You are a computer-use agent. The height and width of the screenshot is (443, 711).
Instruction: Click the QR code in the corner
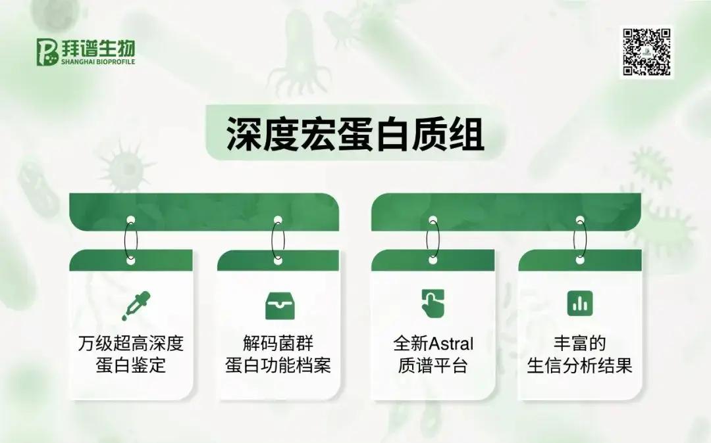pyautogui.click(x=646, y=51)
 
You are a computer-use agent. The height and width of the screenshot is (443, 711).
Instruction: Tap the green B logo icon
pyautogui.click(x=47, y=51)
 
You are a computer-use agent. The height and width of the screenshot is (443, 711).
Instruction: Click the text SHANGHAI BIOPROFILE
pyautogui.click(x=98, y=62)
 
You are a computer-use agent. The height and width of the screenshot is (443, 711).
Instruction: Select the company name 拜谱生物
pyautogui.click(x=98, y=48)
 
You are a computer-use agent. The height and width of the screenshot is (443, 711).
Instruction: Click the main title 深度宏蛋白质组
pyautogui.click(x=355, y=134)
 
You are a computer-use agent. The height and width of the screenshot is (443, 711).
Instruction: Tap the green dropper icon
pyautogui.click(x=136, y=306)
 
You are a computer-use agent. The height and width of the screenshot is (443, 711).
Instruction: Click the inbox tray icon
pyautogui.click(x=280, y=306)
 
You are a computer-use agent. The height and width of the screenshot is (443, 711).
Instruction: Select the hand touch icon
pyautogui.click(x=433, y=303)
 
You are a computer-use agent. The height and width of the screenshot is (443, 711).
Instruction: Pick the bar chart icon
pyautogui.click(x=580, y=303)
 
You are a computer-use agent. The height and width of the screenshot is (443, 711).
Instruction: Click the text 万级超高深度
pyautogui.click(x=130, y=344)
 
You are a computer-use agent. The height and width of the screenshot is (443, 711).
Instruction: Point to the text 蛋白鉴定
pyautogui.click(x=130, y=365)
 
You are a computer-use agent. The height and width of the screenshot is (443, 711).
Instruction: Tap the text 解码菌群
pyautogui.click(x=278, y=344)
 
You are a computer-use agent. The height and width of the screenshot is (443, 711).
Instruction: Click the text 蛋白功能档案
pyautogui.click(x=278, y=365)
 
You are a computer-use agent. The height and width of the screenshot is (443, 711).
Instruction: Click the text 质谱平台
pyautogui.click(x=433, y=365)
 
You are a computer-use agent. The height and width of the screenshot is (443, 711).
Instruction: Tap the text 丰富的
pyautogui.click(x=580, y=344)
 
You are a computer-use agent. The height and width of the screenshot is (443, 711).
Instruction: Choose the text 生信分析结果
pyautogui.click(x=580, y=365)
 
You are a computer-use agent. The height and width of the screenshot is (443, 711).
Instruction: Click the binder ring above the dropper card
pyautogui.click(x=126, y=241)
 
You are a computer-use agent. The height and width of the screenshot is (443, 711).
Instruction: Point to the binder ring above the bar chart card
pyautogui.click(x=575, y=241)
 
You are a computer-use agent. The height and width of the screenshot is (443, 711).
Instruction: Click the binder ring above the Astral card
pyautogui.click(x=427, y=241)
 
